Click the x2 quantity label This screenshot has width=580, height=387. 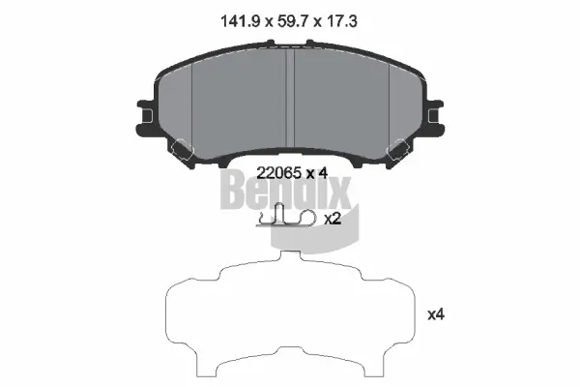[x=333, y=219]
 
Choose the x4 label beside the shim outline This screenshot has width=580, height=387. [x=436, y=313]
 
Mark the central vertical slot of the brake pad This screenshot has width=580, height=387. [x=293, y=87]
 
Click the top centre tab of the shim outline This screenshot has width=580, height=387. [x=291, y=253]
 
